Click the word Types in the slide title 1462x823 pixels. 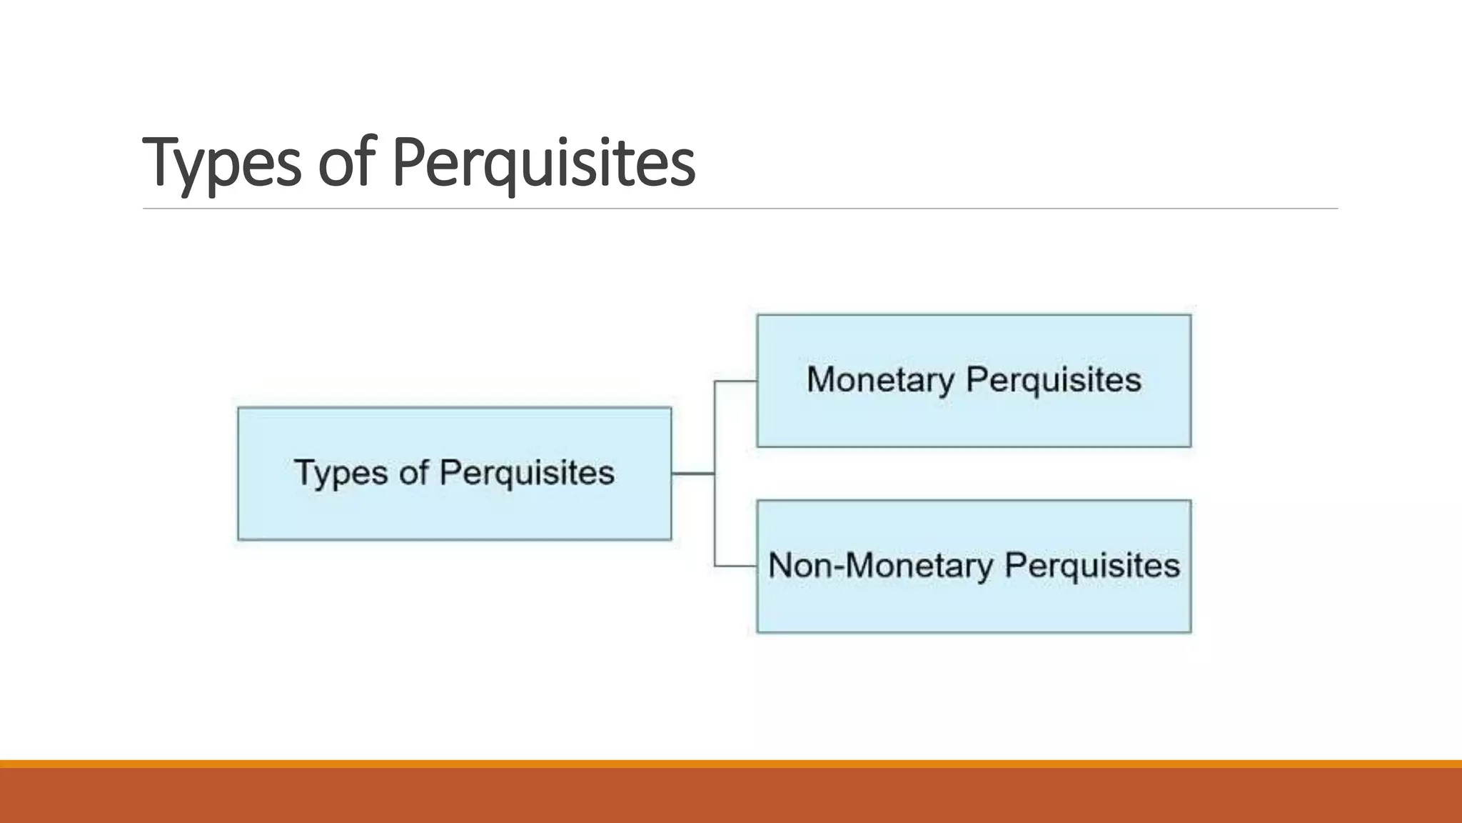pos(221,163)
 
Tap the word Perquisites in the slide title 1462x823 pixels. pos(543,163)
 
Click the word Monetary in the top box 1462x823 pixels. pos(880,379)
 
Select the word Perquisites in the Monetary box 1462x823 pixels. pos(1053,379)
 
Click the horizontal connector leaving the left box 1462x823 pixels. pos(692,473)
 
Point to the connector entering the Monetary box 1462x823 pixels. pos(735,381)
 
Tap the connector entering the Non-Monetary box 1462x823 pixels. pos(735,567)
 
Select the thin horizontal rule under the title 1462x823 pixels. pos(740,209)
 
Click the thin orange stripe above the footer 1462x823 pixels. pos(731,764)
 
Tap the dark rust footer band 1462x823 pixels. pos(731,796)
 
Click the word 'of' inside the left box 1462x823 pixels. pos(413,473)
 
